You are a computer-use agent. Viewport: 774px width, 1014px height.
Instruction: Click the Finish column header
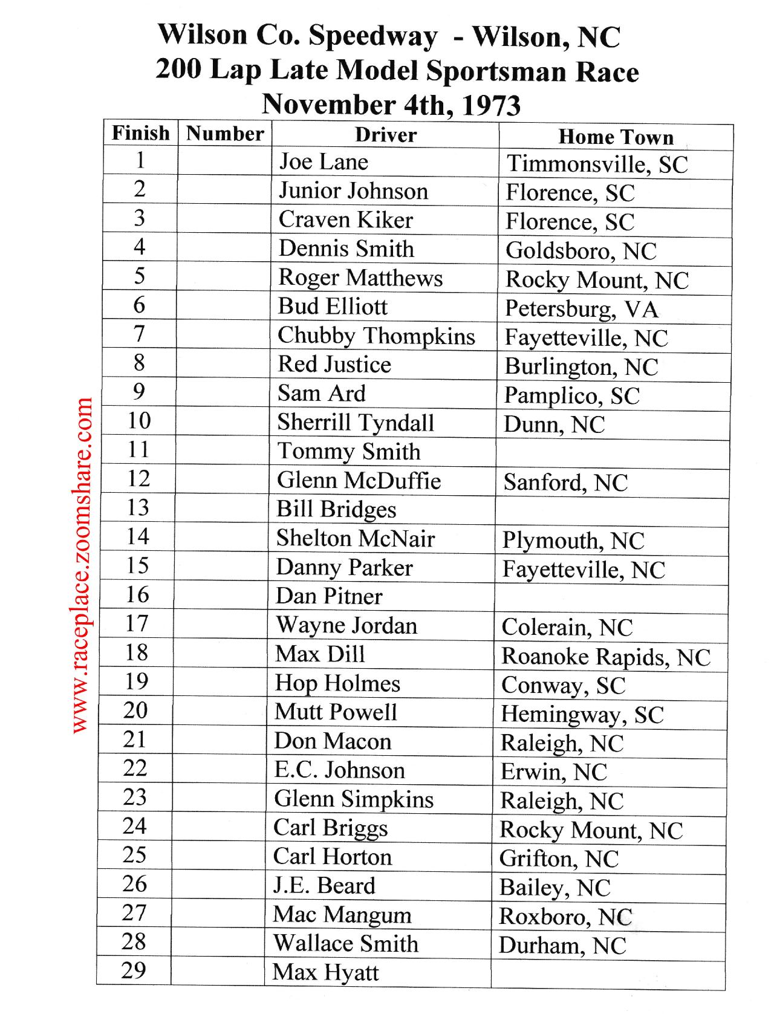[141, 133]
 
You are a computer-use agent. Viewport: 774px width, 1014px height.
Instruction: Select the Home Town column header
[616, 137]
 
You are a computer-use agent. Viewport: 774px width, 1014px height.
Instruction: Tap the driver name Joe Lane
[324, 162]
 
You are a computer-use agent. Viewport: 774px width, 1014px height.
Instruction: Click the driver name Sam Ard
[322, 394]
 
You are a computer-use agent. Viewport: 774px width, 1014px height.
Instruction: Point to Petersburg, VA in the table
[582, 309]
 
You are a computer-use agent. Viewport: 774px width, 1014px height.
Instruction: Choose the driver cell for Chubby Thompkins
[376, 336]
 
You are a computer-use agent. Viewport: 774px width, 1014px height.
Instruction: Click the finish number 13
[138, 507]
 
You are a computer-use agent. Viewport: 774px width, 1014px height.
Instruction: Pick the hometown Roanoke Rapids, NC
[606, 657]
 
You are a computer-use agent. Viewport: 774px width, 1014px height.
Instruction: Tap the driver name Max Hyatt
[325, 972]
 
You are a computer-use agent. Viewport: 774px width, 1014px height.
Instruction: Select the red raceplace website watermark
[82, 565]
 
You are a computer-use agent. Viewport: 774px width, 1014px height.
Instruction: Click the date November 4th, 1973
[391, 105]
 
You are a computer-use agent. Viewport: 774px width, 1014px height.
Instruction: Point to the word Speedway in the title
[373, 36]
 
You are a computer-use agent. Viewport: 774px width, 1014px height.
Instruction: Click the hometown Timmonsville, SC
[597, 164]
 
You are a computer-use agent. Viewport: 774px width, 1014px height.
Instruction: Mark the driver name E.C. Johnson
[339, 770]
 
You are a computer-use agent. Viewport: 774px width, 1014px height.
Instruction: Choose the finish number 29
[134, 970]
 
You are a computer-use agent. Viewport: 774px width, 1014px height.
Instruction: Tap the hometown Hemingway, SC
[582, 715]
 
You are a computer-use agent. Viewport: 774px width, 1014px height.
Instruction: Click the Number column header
[225, 134]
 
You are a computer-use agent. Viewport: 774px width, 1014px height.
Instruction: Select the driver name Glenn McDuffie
[359, 481]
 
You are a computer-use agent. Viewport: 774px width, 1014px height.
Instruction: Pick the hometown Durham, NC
[562, 946]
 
